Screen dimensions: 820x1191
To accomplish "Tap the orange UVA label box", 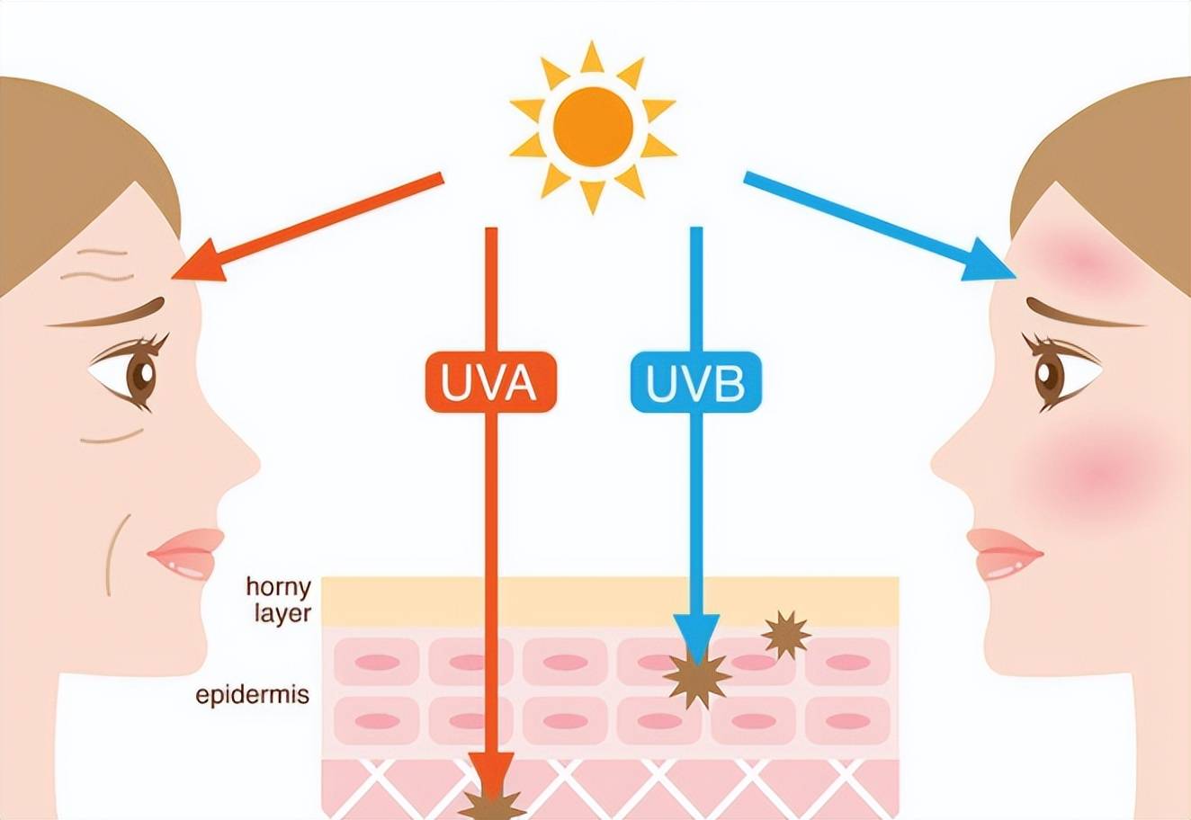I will click(491, 382).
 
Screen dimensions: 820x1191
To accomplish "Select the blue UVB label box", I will click(696, 382).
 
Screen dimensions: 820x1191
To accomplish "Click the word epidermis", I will click(253, 695).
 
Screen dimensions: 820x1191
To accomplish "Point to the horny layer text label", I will click(279, 601).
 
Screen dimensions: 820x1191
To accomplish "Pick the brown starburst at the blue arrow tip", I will click(696, 680).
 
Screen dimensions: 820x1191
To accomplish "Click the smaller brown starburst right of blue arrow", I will click(785, 635).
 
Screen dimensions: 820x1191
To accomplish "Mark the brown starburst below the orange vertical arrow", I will click(492, 806).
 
